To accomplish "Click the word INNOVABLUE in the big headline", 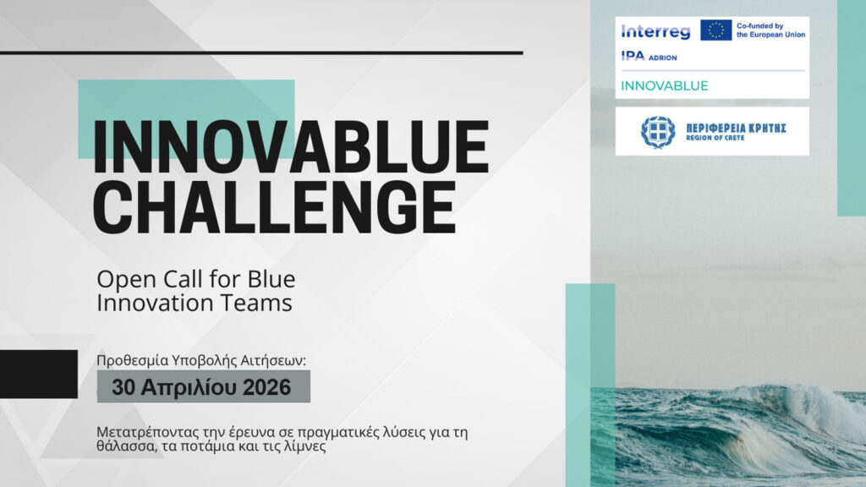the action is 291,147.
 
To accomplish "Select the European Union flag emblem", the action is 715,30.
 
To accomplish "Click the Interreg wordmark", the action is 655,31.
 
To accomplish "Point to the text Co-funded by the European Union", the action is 770,30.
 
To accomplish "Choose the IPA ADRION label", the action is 649,57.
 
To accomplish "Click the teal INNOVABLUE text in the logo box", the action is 665,85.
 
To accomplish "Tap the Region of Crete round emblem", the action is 658,132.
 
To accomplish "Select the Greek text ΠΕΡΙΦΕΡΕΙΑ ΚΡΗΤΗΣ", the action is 737,129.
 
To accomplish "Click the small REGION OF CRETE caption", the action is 715,138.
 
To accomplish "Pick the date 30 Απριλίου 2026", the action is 201,387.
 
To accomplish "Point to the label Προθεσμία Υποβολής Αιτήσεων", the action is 201,360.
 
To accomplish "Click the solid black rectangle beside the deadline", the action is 39,374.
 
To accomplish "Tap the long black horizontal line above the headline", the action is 261,53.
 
